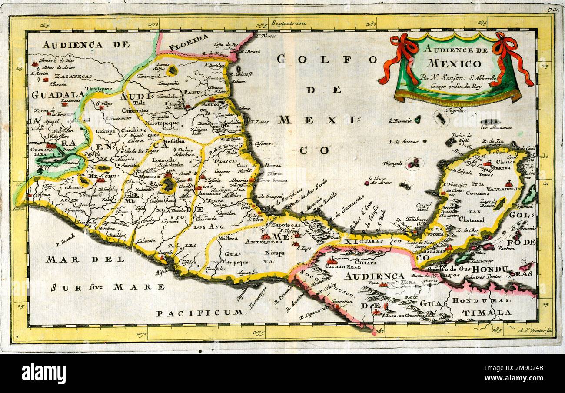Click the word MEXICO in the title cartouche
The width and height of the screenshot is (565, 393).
[x=454, y=63]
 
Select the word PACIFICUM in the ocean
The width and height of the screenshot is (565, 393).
[x=200, y=313]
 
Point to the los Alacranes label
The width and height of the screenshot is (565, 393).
[x=496, y=127]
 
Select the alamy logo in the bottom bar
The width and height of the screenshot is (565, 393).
[x=43, y=373]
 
